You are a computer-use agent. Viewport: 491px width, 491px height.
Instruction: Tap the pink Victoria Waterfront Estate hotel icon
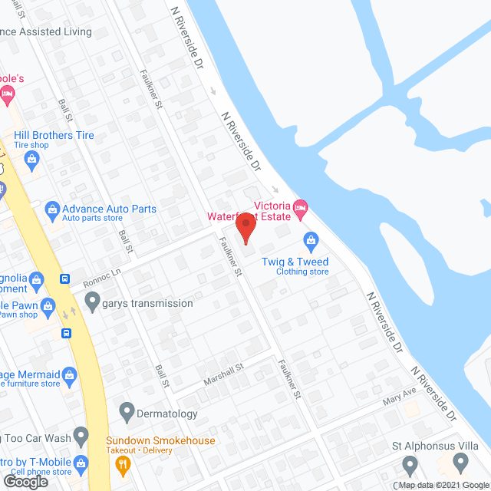300,206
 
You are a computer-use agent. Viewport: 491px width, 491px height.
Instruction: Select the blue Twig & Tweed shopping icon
311,242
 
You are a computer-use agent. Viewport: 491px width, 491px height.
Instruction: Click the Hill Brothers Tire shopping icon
32,160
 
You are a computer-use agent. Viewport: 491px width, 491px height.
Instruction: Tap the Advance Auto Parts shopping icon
51,209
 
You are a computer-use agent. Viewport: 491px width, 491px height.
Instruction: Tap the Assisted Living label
57,32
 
